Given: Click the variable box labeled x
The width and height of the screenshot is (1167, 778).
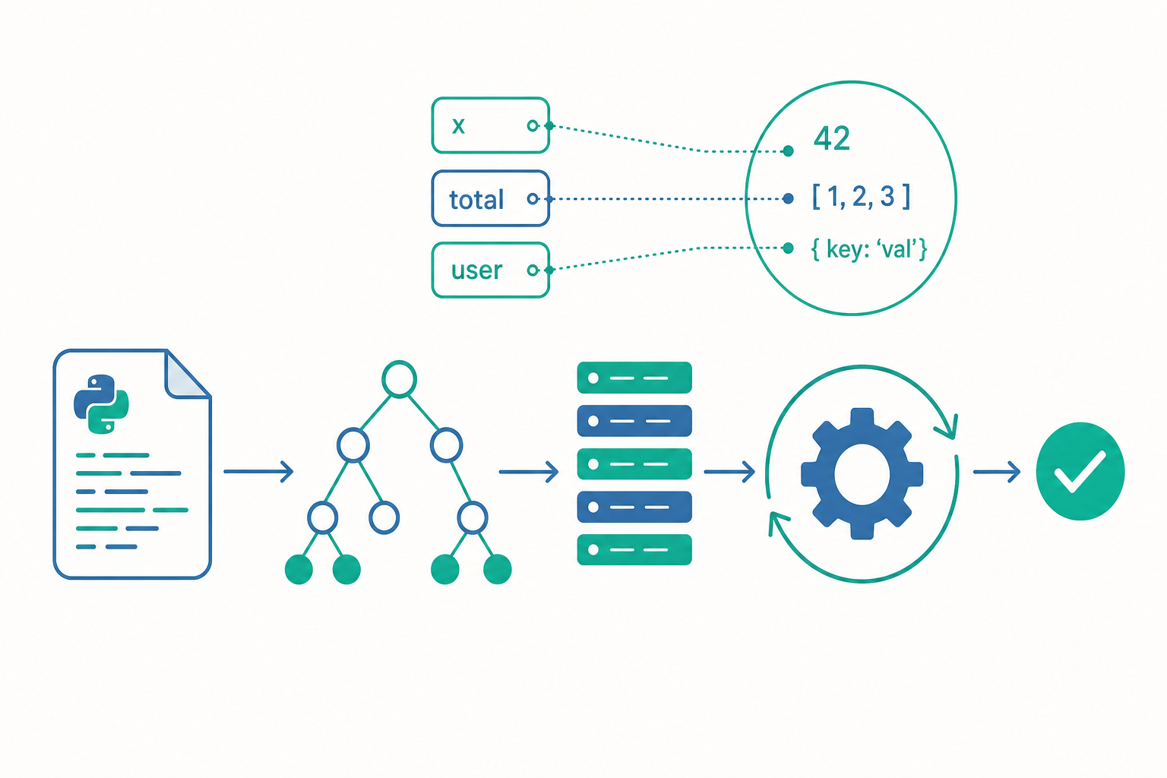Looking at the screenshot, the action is click(x=490, y=125).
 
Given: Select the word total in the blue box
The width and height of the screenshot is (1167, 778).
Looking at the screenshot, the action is click(x=476, y=200).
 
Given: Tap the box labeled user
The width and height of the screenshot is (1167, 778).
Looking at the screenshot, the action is click(x=490, y=270).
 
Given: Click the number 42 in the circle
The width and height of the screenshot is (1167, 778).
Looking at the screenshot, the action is click(x=831, y=138).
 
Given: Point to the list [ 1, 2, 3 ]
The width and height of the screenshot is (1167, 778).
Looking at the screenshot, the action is click(x=861, y=197).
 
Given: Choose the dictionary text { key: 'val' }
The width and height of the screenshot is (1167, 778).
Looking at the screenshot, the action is click(x=869, y=249).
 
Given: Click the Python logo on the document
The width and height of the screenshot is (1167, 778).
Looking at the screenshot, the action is click(x=101, y=404).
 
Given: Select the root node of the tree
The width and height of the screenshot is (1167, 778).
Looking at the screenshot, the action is click(x=399, y=379).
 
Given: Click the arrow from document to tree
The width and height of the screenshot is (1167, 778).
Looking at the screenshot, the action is click(x=258, y=472).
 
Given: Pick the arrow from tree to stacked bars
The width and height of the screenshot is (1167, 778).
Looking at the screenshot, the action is click(x=528, y=472).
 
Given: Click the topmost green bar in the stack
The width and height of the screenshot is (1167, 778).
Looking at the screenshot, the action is click(x=634, y=378).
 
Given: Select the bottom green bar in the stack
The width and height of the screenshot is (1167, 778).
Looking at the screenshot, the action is click(x=634, y=549).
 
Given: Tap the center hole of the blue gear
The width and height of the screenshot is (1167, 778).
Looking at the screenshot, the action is click(x=862, y=473).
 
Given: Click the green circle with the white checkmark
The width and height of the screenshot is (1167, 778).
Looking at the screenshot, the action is click(x=1080, y=472).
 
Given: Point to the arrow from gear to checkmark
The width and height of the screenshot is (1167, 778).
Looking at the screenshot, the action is click(x=997, y=472).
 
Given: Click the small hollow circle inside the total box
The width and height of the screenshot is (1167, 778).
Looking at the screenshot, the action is click(x=533, y=198).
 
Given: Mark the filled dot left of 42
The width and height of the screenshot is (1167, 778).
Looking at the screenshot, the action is click(x=788, y=151).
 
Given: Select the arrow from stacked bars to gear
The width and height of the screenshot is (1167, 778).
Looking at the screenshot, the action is click(x=729, y=472).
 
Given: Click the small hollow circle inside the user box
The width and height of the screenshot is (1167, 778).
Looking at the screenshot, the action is click(x=533, y=270).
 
